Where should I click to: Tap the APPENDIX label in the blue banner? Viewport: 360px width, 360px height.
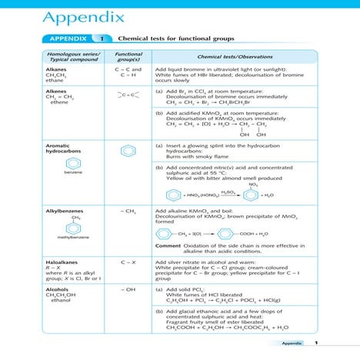[68, 38]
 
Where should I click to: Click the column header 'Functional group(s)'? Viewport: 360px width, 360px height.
[128, 58]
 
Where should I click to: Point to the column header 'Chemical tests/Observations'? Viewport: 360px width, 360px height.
[231, 58]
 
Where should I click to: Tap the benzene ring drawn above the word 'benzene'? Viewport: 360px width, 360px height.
[73, 163]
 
